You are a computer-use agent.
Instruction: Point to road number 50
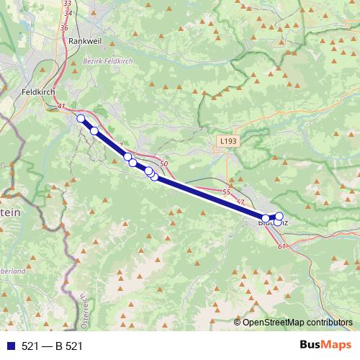tap(164, 165)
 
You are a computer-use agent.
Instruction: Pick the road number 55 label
tap(227, 192)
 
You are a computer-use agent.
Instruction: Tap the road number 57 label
tap(240, 202)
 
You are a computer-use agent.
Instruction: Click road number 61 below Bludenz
tap(281, 247)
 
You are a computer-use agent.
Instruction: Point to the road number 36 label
tap(64, 28)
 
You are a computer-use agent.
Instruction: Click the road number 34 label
tap(68, 14)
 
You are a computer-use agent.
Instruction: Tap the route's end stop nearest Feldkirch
tap(81, 119)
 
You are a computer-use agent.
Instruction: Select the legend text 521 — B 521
tap(52, 346)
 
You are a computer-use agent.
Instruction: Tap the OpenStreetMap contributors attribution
tap(297, 322)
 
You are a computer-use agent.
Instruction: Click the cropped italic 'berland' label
tap(13, 271)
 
